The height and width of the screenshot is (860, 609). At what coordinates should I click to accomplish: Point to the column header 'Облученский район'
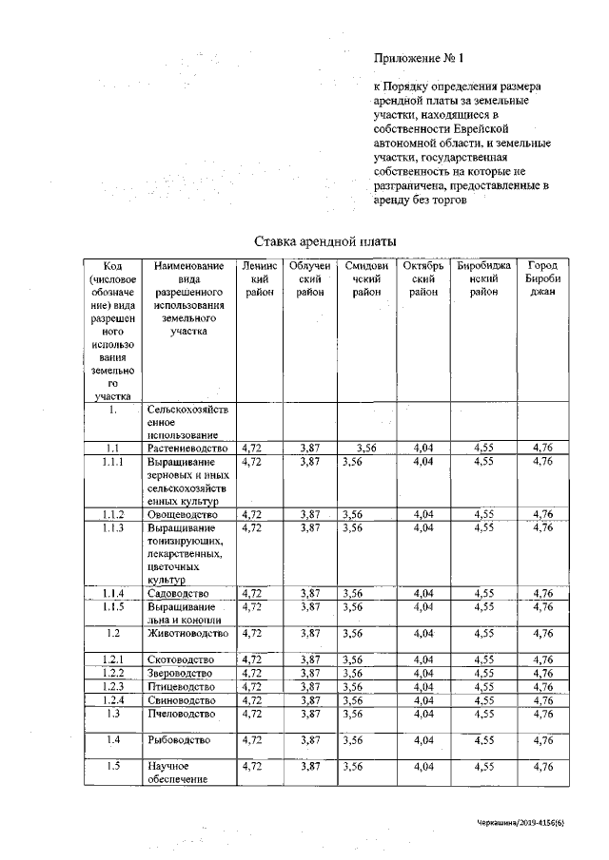coord(309,279)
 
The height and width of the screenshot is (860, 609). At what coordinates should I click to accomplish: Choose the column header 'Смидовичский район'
coord(365,279)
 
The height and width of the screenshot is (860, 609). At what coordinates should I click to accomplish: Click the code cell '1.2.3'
coord(112,685)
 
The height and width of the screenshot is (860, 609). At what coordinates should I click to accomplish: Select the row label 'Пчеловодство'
coord(182,713)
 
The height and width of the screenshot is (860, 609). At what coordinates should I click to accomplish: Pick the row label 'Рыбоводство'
coord(178,739)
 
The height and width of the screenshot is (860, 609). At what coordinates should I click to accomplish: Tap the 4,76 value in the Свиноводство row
coord(543,699)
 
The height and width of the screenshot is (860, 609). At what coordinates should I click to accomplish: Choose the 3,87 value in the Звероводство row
coord(309,673)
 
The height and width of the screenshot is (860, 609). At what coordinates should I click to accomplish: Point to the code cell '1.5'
coord(112,766)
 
